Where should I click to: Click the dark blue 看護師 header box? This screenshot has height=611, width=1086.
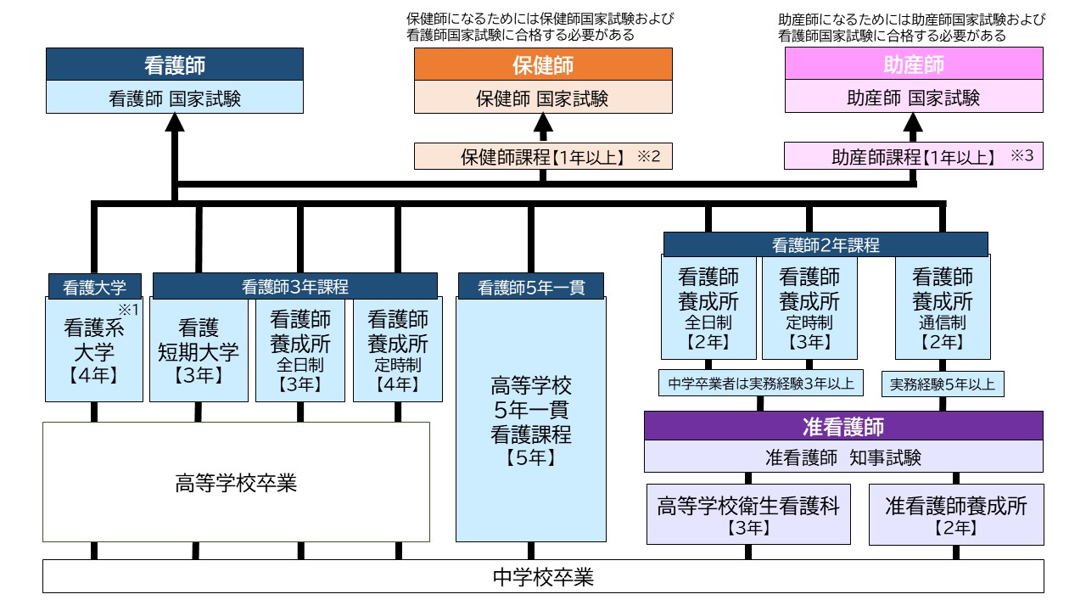[x=174, y=64]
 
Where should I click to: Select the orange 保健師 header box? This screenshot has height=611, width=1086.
[x=543, y=64]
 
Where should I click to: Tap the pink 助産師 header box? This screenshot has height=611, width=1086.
[x=913, y=64]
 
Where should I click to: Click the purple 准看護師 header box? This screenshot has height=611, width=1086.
[x=843, y=426]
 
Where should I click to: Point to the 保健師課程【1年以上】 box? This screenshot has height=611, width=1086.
[x=543, y=156]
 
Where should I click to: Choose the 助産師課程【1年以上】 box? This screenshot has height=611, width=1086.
[x=913, y=156]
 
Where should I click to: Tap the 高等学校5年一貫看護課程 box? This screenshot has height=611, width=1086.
[x=531, y=420]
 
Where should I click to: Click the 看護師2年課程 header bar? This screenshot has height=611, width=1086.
[x=826, y=244]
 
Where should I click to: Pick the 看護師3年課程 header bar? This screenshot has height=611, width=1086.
[x=294, y=286]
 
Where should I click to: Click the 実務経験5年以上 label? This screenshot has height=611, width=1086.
[x=943, y=384]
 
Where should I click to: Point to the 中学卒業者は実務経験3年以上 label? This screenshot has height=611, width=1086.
[x=760, y=384]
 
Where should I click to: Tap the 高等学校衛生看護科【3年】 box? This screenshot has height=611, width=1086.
[x=747, y=515]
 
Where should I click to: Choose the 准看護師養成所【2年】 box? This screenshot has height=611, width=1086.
[x=956, y=515]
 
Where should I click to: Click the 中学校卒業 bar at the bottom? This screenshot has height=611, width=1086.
[x=543, y=578]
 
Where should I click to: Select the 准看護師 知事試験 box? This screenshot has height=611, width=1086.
[x=843, y=457]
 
